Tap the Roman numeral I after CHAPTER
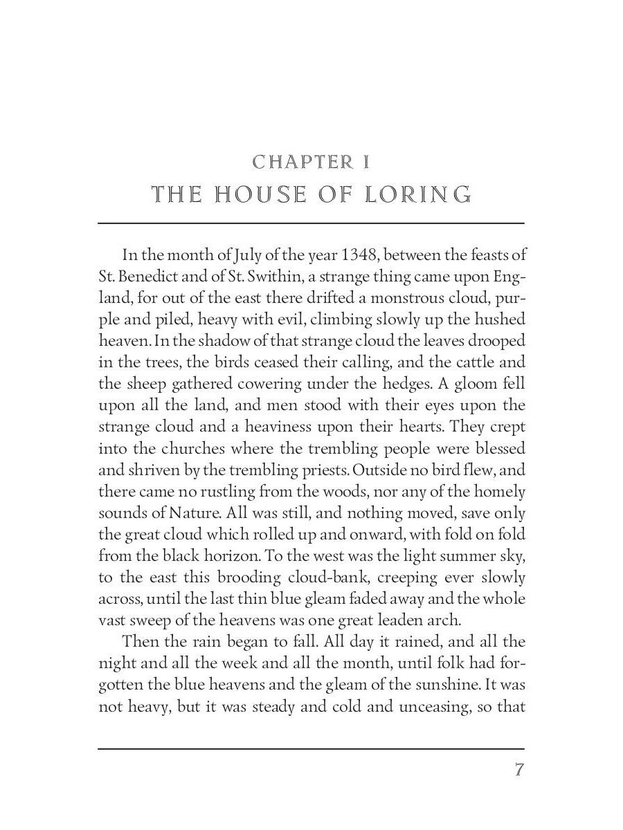[365, 163]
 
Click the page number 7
[518, 770]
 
